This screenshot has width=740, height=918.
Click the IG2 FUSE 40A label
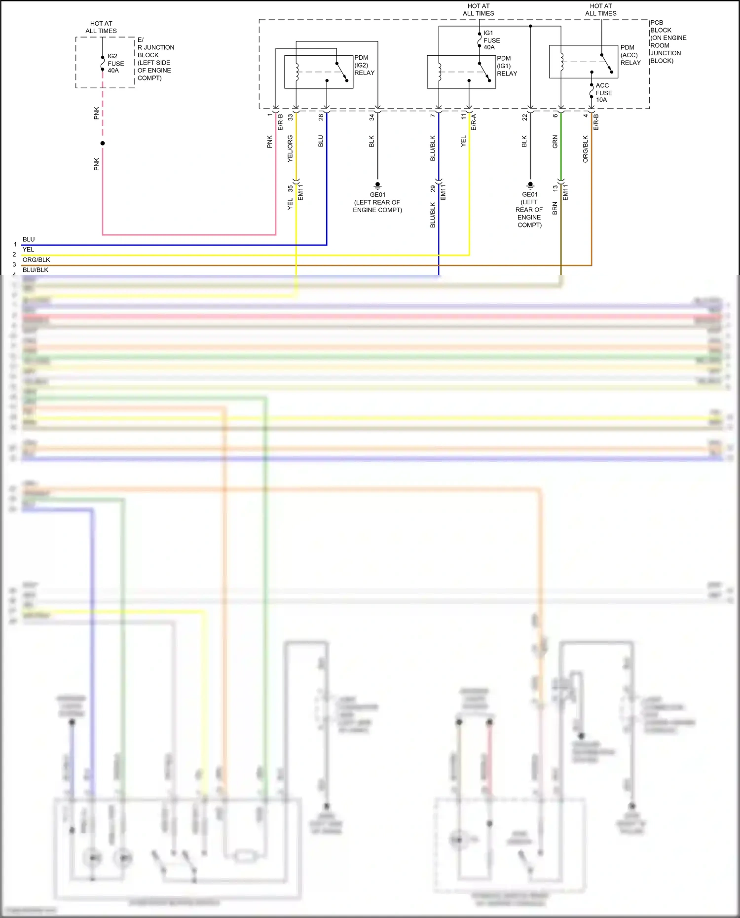[115, 63]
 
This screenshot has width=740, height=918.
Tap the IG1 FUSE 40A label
[491, 40]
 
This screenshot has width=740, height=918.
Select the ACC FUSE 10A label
[604, 93]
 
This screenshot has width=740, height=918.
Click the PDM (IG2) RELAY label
[364, 65]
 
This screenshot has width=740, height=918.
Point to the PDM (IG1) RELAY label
[507, 66]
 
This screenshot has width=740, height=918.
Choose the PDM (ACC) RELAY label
[630, 55]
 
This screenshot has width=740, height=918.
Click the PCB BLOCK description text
[668, 42]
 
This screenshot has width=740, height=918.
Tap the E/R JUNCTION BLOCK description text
[155, 59]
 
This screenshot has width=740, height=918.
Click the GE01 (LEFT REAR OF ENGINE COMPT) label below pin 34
[377, 202]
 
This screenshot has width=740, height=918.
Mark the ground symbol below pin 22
[530, 185]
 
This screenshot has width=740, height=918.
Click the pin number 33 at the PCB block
[291, 117]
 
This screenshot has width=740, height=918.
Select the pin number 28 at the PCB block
[321, 117]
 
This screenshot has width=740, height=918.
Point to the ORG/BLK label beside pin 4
[586, 148]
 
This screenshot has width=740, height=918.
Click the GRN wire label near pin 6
[555, 142]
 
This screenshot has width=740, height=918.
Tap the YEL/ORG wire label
[290, 148]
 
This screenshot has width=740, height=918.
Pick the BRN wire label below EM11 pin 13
[555, 208]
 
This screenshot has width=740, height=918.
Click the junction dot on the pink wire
[103, 144]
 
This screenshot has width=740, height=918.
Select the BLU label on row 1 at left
[29, 239]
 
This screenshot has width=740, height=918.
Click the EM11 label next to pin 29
[444, 192]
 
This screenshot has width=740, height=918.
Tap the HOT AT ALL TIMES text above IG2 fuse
[101, 27]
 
